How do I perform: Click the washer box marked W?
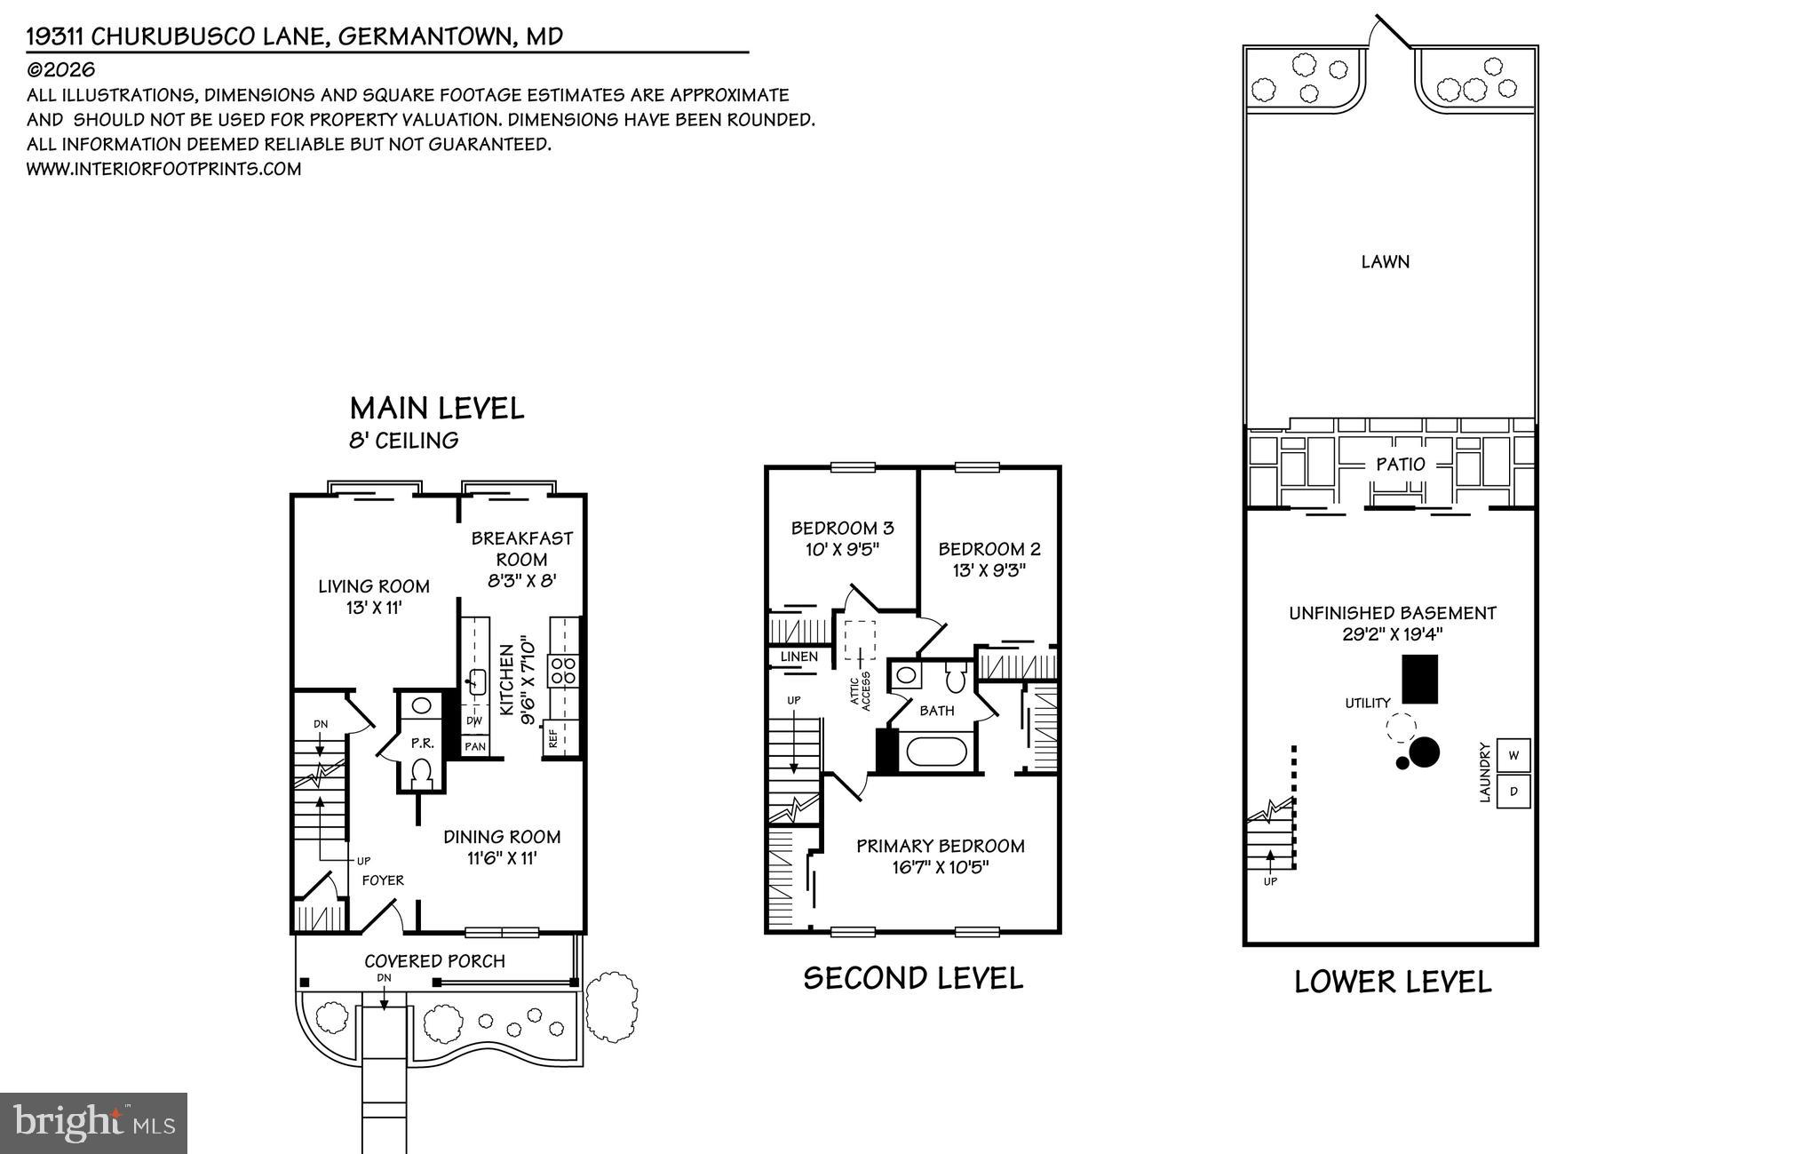point(1513,755)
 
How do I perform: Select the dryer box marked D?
point(1513,791)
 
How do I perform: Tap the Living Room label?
point(374,586)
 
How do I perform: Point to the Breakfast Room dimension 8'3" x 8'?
point(521,581)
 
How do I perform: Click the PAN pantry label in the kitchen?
point(475,746)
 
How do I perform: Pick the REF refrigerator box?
point(553,739)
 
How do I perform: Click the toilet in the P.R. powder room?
point(422,771)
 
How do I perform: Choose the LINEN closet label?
point(798,657)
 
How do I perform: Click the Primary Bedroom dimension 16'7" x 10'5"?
point(941,867)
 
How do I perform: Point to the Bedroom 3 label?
point(842,528)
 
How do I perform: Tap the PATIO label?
point(1400,464)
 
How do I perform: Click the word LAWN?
point(1385,261)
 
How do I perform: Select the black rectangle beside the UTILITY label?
point(1419,679)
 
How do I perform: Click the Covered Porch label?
point(434,960)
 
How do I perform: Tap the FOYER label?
point(383,879)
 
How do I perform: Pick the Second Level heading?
point(913,978)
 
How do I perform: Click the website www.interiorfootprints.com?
point(163,169)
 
